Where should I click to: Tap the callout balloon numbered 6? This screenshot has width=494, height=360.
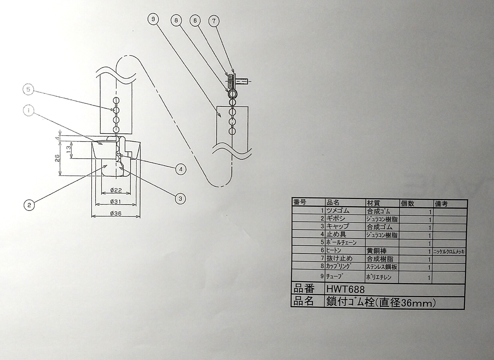[x=195, y=20]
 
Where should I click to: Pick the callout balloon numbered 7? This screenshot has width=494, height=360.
[x=214, y=21]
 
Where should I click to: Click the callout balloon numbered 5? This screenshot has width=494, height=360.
[x=29, y=89]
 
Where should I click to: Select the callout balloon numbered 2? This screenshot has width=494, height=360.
[x=29, y=205]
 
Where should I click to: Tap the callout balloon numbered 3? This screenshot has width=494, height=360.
[x=180, y=198]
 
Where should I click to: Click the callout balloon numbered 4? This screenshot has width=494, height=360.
[x=181, y=169]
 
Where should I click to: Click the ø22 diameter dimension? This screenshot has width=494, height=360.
[x=116, y=190]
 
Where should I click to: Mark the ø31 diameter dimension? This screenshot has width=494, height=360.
[x=116, y=202]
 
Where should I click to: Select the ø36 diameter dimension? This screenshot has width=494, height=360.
[x=116, y=213]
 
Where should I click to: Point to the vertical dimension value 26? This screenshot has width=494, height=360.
[x=57, y=160]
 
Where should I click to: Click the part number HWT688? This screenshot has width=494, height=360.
[x=345, y=289]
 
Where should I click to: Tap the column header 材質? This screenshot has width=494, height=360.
[x=374, y=203]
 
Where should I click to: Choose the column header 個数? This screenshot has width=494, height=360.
[x=408, y=203]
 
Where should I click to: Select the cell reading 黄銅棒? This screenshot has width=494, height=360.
[x=377, y=251]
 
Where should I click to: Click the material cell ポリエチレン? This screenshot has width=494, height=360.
[x=379, y=277]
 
